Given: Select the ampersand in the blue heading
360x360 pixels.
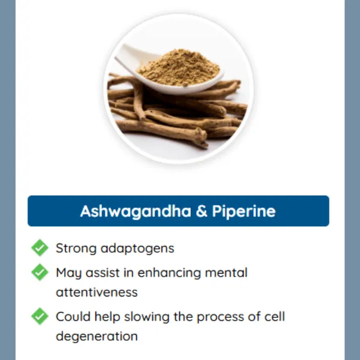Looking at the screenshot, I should tap(201, 211).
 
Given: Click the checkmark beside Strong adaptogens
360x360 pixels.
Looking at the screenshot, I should tap(40, 248).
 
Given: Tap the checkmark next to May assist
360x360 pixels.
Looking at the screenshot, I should tap(40, 272).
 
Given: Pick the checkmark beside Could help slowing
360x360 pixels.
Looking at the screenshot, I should tap(40, 316).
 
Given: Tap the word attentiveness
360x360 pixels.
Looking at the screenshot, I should tap(97, 292).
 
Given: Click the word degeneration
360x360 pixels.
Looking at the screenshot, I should tap(97, 337).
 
